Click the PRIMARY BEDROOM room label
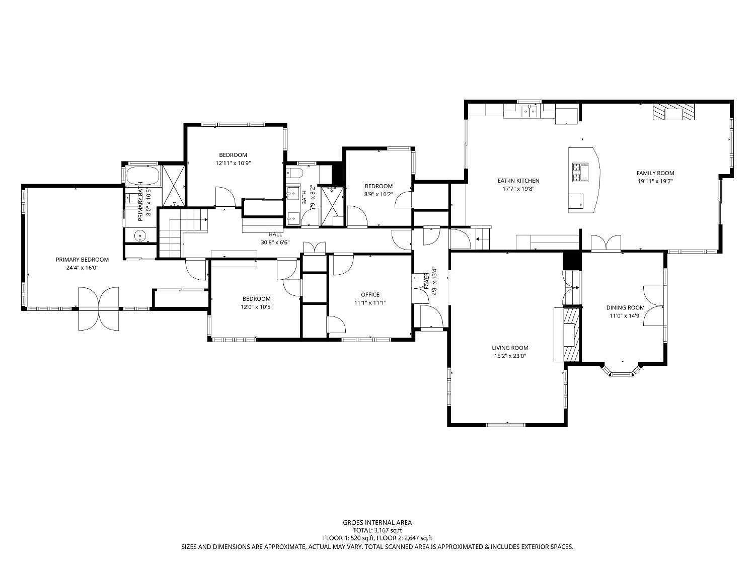(x=82, y=260)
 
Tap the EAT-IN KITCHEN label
(x=518, y=181)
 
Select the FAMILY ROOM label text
(x=655, y=173)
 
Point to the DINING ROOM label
(x=625, y=307)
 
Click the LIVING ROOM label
(x=510, y=348)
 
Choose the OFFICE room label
(x=370, y=294)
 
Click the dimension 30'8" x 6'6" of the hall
(x=275, y=242)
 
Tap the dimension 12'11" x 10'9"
(x=233, y=163)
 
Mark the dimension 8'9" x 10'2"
(x=379, y=195)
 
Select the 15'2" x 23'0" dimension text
(x=510, y=356)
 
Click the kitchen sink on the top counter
(x=530, y=111)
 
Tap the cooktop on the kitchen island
(x=580, y=172)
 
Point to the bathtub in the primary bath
(x=143, y=176)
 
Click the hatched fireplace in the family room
(x=673, y=112)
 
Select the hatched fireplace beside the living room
(x=571, y=335)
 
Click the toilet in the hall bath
(x=294, y=173)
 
